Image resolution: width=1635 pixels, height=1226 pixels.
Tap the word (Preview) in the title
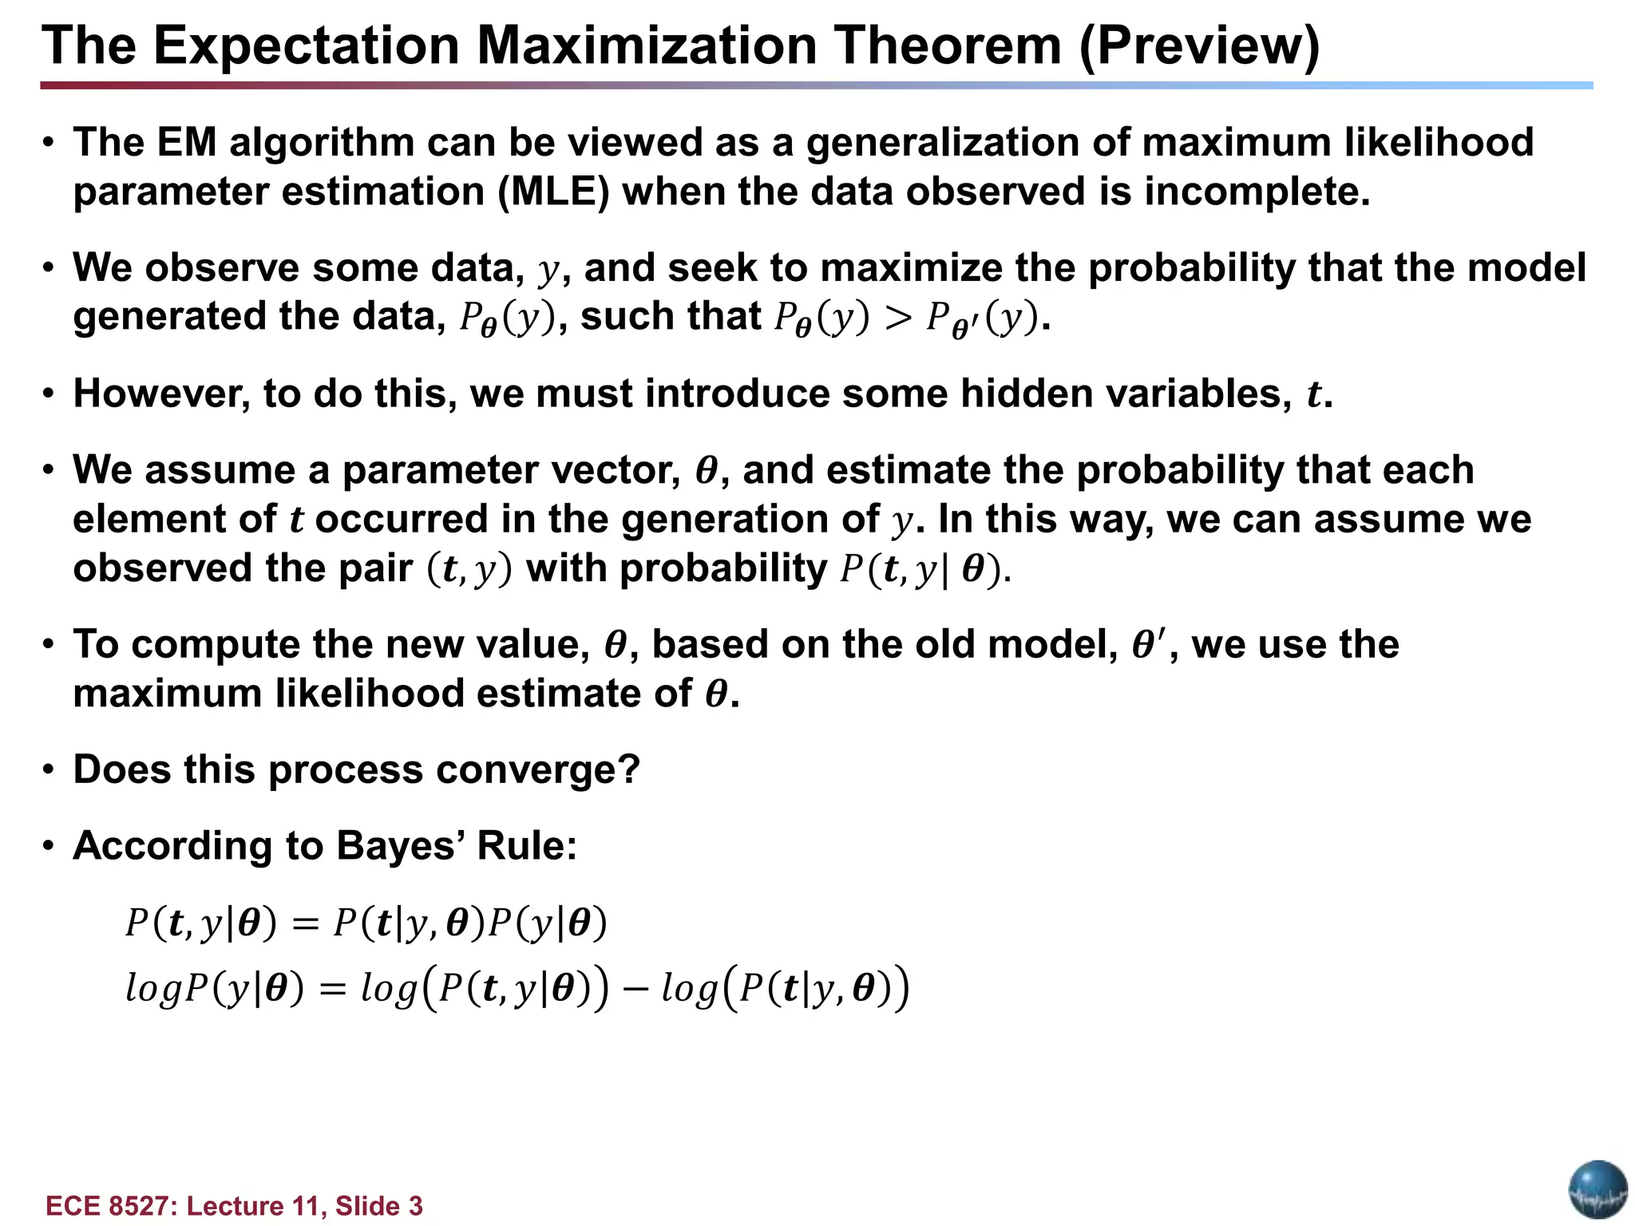pos(1199,45)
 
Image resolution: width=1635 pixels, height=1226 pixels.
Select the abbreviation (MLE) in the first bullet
pos(553,192)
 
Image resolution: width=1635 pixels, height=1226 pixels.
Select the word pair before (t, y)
pos(375,569)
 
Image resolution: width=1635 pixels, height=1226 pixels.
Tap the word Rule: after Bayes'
pos(526,846)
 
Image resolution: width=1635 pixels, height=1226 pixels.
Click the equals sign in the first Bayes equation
pos(304,925)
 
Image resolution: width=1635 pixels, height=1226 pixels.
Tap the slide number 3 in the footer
pos(415,1206)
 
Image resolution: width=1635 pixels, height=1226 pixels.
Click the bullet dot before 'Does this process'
pos(49,770)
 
